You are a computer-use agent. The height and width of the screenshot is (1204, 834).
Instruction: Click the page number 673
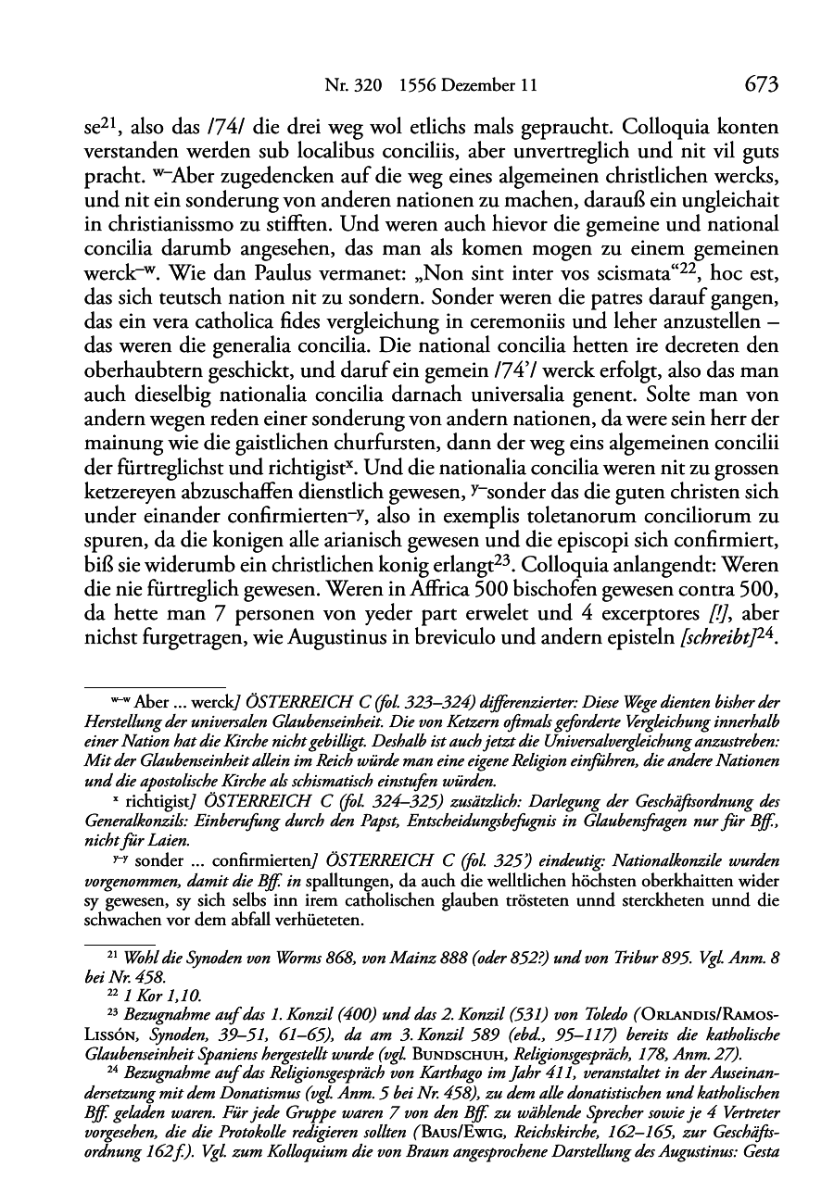(x=760, y=85)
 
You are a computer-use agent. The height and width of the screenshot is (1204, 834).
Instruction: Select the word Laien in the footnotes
(x=163, y=841)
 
